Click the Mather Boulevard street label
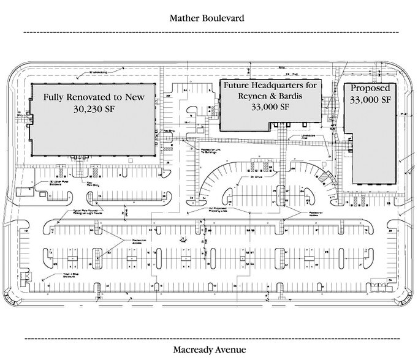(207, 18)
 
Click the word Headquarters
(280, 85)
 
